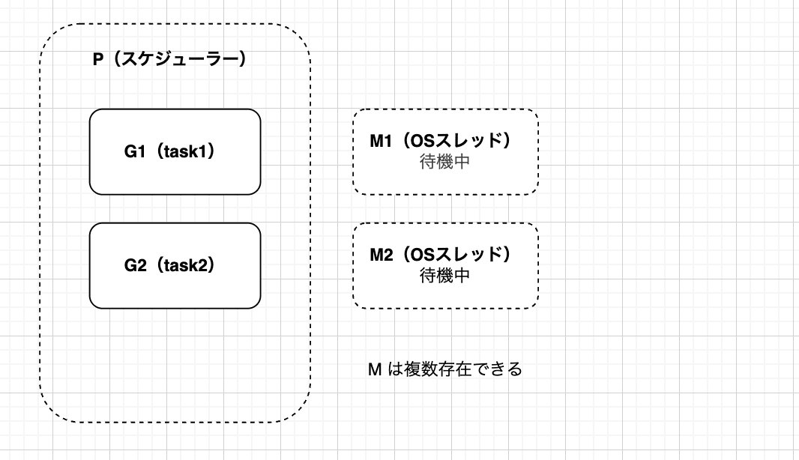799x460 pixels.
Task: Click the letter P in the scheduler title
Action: (x=97, y=60)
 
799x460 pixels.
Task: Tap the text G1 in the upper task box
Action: (x=134, y=151)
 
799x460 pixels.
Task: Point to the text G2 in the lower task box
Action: (x=134, y=265)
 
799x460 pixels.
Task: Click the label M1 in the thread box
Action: (x=382, y=142)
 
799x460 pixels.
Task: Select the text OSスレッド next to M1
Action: (x=456, y=142)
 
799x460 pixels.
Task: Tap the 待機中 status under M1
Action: (x=445, y=162)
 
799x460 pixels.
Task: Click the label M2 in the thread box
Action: (x=382, y=255)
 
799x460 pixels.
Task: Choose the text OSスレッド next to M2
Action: (x=456, y=255)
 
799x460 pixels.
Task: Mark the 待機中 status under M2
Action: (x=445, y=276)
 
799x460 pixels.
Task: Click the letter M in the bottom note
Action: (x=376, y=369)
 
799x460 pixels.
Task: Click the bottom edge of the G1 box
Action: (x=175, y=194)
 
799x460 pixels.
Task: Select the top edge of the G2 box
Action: (x=175, y=223)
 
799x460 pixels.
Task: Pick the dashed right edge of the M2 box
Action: (x=538, y=266)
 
